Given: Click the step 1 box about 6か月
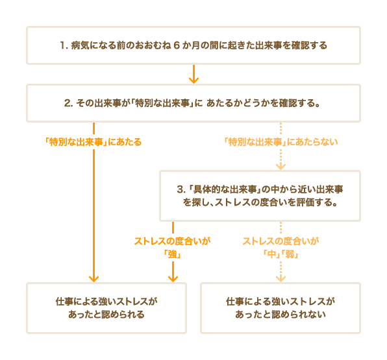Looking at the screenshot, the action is (x=193, y=45).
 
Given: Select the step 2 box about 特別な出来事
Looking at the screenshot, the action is (x=193, y=103).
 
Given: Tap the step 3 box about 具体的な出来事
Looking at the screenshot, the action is (x=260, y=196).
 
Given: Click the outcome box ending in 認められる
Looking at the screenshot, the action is (x=106, y=308).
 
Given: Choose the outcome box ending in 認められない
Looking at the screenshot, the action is (x=281, y=308).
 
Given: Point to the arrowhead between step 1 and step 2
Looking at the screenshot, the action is (x=193, y=80).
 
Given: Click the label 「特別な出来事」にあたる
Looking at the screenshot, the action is (x=94, y=142).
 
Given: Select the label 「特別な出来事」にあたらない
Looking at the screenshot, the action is (x=281, y=142).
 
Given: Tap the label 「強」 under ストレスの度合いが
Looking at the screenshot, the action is (x=173, y=254).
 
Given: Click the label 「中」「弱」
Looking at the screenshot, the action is (x=281, y=254).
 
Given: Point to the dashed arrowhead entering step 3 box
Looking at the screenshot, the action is (x=281, y=167).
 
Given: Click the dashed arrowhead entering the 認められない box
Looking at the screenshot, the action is (x=281, y=279).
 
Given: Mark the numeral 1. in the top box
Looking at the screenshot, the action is (x=64, y=45).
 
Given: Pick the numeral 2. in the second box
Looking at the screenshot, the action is (x=68, y=103).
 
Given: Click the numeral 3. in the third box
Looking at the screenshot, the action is (x=181, y=189).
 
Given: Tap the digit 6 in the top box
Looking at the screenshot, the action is (x=176, y=45).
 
